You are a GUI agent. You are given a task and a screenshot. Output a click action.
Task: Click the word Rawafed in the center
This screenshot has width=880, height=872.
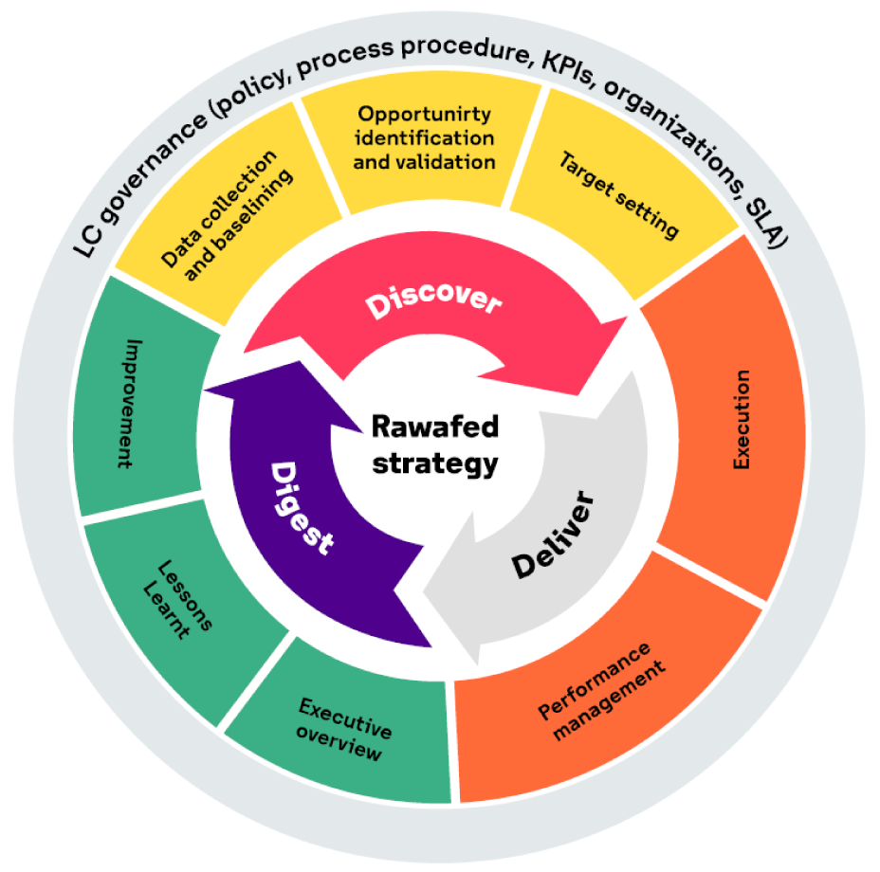[435, 427]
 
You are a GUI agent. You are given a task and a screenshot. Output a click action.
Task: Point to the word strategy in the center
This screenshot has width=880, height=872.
[435, 464]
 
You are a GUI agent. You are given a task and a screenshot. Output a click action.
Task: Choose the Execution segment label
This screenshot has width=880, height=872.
[742, 419]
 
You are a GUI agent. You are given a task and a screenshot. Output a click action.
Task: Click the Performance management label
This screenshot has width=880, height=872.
[601, 692]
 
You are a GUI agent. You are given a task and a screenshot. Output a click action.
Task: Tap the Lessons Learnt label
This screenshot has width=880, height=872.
[177, 599]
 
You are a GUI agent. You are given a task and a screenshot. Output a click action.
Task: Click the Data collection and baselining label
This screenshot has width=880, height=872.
[227, 215]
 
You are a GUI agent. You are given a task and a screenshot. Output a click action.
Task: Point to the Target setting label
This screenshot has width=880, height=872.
[619, 194]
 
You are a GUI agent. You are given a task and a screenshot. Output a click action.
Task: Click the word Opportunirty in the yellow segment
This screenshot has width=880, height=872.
[424, 114]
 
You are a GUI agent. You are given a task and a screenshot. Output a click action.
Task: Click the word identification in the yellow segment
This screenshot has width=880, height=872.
[424, 137]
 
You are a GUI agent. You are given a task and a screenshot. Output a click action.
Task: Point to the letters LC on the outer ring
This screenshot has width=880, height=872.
[87, 243]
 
